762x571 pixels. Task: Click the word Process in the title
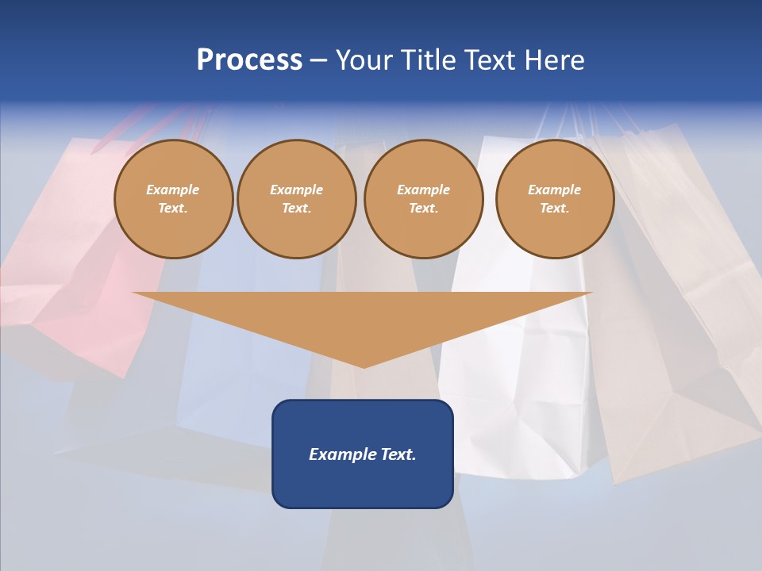coord(249,60)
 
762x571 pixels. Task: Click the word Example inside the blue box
coord(343,454)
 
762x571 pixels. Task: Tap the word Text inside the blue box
coord(398,454)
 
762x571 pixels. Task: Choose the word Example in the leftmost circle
coord(173,190)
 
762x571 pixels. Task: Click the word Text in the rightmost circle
coord(554,209)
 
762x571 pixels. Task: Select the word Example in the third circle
coord(423,190)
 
